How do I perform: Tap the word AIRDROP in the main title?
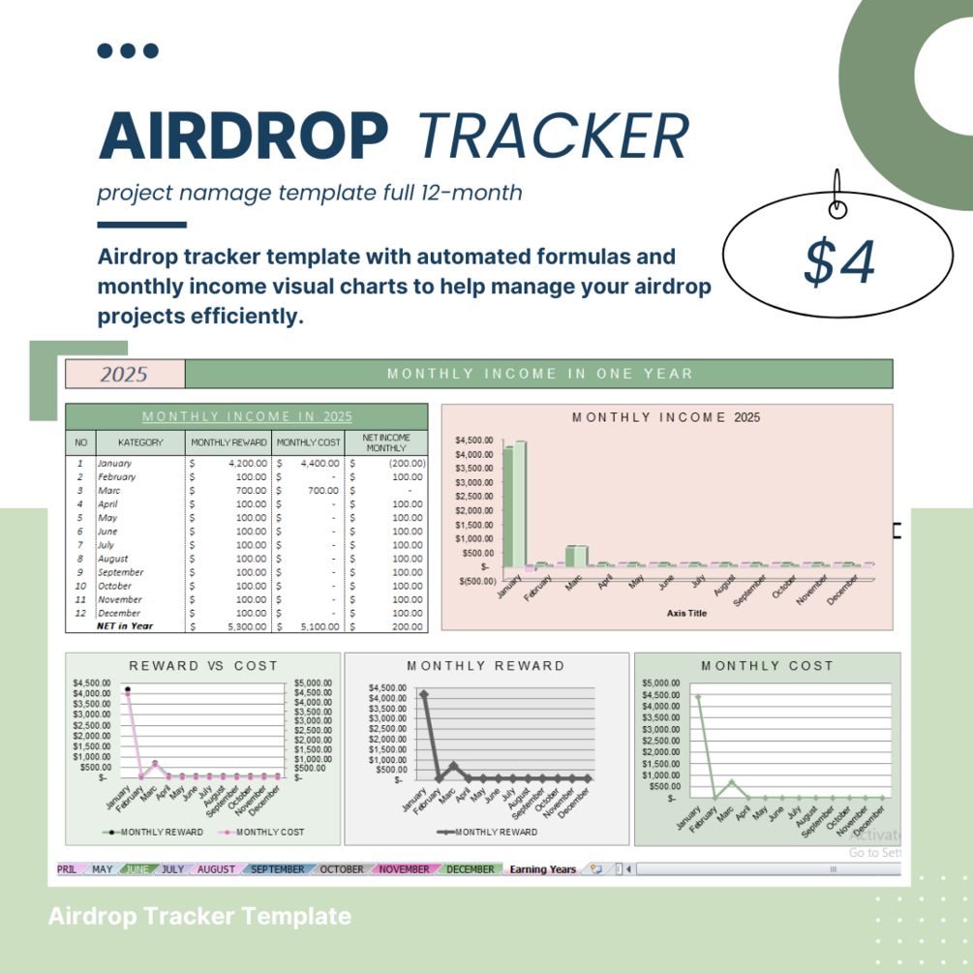pyautogui.click(x=243, y=136)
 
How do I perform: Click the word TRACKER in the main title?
pyautogui.click(x=554, y=136)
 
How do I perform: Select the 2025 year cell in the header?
pyautogui.click(x=124, y=374)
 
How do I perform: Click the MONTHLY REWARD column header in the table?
pyautogui.click(x=228, y=442)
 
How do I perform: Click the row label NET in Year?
pyautogui.click(x=126, y=626)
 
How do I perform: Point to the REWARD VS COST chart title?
pyautogui.click(x=203, y=666)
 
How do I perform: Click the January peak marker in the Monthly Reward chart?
pyautogui.click(x=423, y=694)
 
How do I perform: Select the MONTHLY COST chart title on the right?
pyautogui.click(x=767, y=666)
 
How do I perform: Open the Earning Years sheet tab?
pyautogui.click(x=542, y=869)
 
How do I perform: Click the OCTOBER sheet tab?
pyautogui.click(x=341, y=869)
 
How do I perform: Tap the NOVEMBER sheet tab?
pyautogui.click(x=404, y=869)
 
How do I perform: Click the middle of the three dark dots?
pyautogui.click(x=128, y=51)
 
